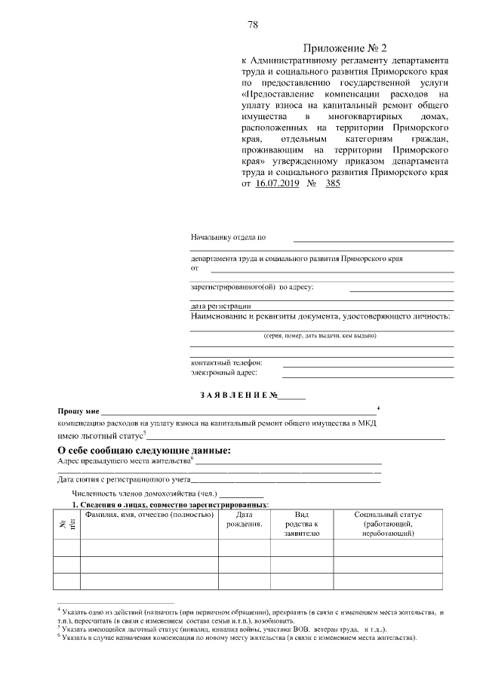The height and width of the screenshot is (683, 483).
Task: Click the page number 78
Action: click(253, 25)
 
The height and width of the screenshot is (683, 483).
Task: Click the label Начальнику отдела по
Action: click(228, 237)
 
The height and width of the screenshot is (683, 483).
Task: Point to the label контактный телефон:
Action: click(226, 361)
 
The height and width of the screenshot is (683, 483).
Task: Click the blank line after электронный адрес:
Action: click(368, 373)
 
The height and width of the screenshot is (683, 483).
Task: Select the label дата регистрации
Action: click(220, 307)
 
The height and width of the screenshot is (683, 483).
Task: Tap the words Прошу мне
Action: click(78, 411)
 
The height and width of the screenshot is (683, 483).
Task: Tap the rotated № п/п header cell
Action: click(66, 523)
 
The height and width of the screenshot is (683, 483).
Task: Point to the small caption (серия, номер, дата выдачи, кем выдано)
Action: click(320, 335)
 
